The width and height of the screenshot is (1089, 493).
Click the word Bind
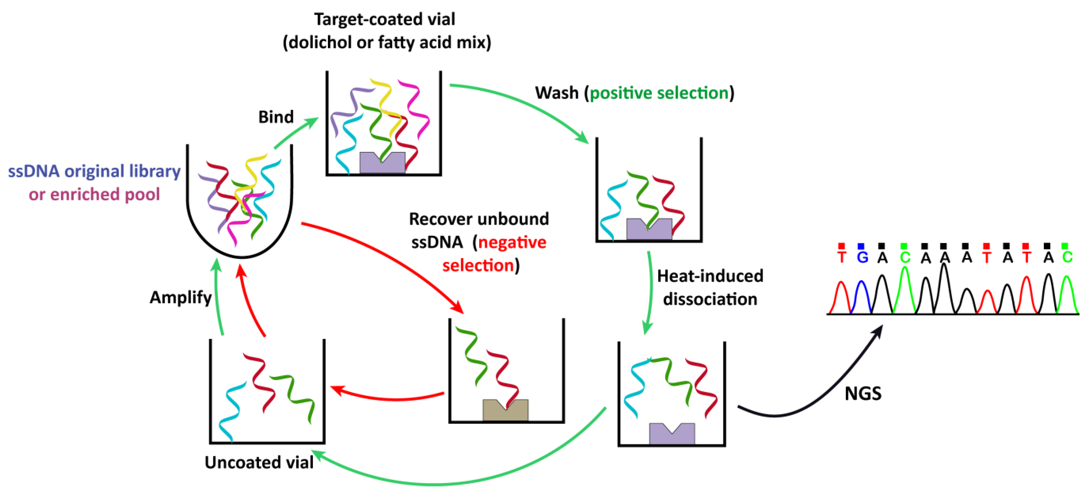[276, 117]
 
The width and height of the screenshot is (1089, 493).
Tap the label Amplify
[180, 298]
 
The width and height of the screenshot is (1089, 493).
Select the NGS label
[863, 394]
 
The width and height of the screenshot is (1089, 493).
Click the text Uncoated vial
[259, 462]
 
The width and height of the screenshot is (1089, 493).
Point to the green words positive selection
[659, 93]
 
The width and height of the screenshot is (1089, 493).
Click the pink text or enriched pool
[94, 195]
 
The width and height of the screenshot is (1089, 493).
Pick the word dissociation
[710, 299]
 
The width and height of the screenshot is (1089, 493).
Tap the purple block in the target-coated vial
[382, 163]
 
